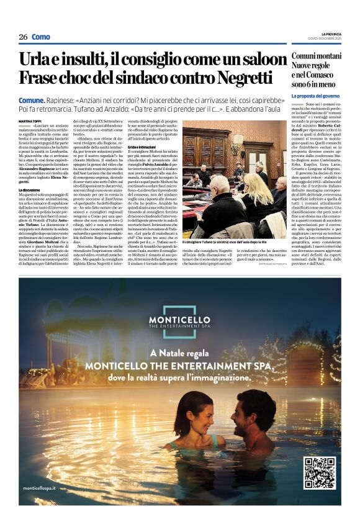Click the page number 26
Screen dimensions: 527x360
pyautogui.click(x=23, y=37)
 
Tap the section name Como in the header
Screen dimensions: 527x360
pyautogui.click(x=41, y=37)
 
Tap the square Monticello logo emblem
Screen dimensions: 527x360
pyautogui.click(x=180, y=313)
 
